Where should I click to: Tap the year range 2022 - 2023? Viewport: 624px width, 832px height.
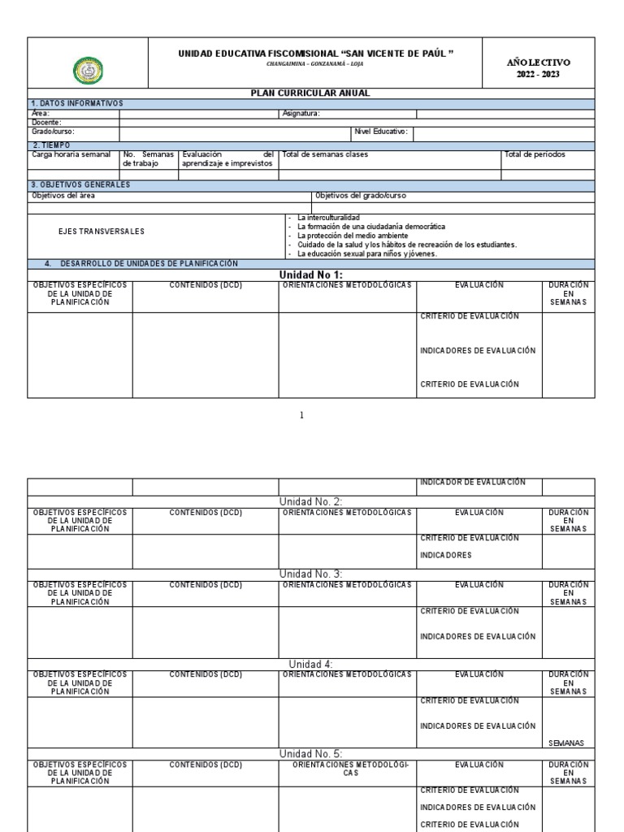coord(538,75)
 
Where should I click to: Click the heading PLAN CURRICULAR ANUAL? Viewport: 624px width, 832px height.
coord(310,93)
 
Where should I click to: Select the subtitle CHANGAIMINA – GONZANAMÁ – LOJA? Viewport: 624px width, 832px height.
coord(316,63)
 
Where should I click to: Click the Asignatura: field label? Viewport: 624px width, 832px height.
coord(301,114)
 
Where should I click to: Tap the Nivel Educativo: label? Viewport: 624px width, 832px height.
coord(381,131)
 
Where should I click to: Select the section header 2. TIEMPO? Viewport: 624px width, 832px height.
coord(50,145)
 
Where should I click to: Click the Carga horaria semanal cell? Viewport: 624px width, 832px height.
coord(71,154)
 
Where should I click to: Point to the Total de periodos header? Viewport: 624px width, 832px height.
coord(535,154)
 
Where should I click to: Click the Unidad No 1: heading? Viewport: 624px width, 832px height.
coord(310,275)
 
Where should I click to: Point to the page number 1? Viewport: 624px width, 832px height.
coord(302,416)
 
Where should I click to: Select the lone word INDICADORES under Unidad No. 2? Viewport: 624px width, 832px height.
coord(446,556)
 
